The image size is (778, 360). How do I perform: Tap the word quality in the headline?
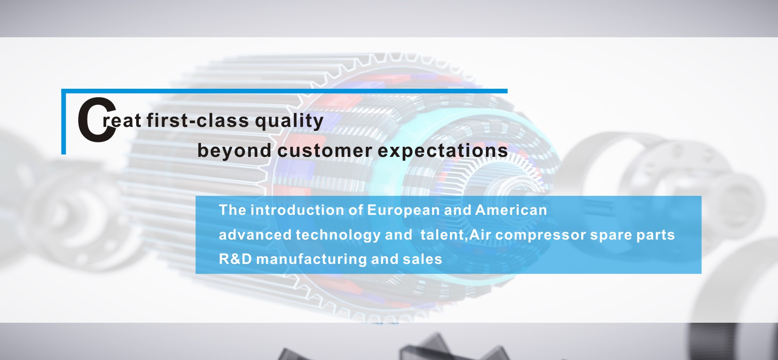pyautogui.click(x=289, y=121)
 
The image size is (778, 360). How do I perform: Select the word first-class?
pyautogui.click(x=198, y=120)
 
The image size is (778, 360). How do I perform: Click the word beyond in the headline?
pyautogui.click(x=234, y=151)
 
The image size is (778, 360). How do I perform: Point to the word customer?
pyautogui.click(x=325, y=151)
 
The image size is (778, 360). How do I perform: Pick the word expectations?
pyautogui.click(x=443, y=151)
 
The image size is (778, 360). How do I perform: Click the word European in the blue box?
pyautogui.click(x=403, y=210)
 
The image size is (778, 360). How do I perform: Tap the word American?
pyautogui.click(x=511, y=210)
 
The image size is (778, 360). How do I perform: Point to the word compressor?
pyautogui.click(x=541, y=235)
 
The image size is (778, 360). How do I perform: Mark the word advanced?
pyautogui.click(x=255, y=235)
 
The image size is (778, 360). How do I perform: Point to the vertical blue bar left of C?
pyautogui.click(x=63, y=122)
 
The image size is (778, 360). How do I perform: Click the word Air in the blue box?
pyautogui.click(x=480, y=234)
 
